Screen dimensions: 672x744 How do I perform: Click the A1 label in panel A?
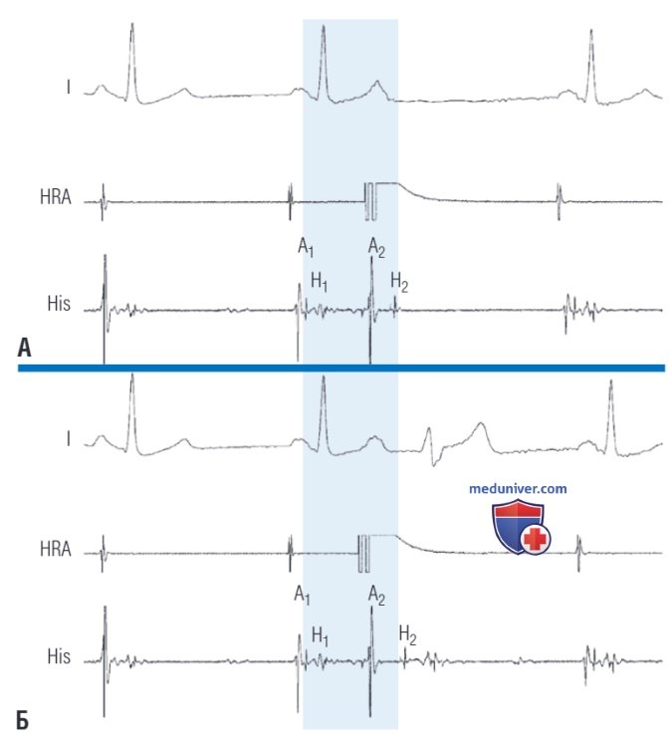[x=306, y=247]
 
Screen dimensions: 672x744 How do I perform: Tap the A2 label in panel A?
[x=376, y=247]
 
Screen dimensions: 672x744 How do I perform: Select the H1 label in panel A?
[x=320, y=282]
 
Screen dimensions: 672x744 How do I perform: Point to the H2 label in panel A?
[x=399, y=282]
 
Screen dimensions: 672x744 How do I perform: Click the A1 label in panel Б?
[x=302, y=595]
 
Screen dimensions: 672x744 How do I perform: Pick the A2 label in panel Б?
[x=376, y=596]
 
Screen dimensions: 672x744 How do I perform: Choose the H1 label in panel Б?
[x=321, y=635]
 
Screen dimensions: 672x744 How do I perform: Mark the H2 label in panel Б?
[x=408, y=634]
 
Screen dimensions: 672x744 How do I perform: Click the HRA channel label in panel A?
[x=56, y=197]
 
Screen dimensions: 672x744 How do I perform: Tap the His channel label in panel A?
[x=59, y=304]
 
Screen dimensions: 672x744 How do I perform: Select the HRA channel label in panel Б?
[x=56, y=549]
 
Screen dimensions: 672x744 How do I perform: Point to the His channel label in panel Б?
[x=59, y=656]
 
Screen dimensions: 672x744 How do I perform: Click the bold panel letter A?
[x=24, y=348]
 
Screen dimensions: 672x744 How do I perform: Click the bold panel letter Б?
[x=23, y=721]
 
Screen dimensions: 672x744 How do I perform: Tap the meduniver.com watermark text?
[x=518, y=489]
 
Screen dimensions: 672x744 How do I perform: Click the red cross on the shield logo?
[x=536, y=540]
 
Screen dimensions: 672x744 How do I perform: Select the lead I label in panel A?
[x=69, y=88]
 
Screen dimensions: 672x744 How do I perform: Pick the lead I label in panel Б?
[x=69, y=439]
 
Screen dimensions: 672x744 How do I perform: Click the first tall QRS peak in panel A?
[x=132, y=24]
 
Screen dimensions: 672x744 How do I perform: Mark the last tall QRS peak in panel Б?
[x=611, y=380]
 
